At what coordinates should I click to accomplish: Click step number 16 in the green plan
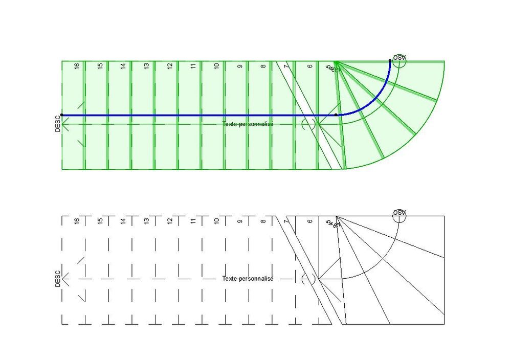tap(77, 66)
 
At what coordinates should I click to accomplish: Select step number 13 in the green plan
tap(146, 66)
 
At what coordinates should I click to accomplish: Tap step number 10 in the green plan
tap(216, 66)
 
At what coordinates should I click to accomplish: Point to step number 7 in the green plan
tap(286, 66)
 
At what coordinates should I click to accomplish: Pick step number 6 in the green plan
tap(310, 66)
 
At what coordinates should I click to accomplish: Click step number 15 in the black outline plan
tap(100, 221)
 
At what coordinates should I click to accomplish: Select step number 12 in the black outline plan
tap(170, 221)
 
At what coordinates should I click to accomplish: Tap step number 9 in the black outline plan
tap(240, 221)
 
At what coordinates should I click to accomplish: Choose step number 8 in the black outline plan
tap(263, 221)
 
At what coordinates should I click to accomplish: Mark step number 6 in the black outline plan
tap(310, 221)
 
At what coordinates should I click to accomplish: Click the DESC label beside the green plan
tap(58, 123)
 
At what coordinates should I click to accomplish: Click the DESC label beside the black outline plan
tap(58, 279)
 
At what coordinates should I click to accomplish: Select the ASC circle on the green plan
tap(399, 61)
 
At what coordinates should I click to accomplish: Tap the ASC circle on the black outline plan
tap(399, 216)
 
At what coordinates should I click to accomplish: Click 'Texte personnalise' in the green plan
tap(248, 124)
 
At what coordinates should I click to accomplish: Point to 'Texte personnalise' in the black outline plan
tap(248, 279)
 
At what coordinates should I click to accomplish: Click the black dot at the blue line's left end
tap(62, 115)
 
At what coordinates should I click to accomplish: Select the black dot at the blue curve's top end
tap(390, 61)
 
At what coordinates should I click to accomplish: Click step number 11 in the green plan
tap(193, 66)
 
